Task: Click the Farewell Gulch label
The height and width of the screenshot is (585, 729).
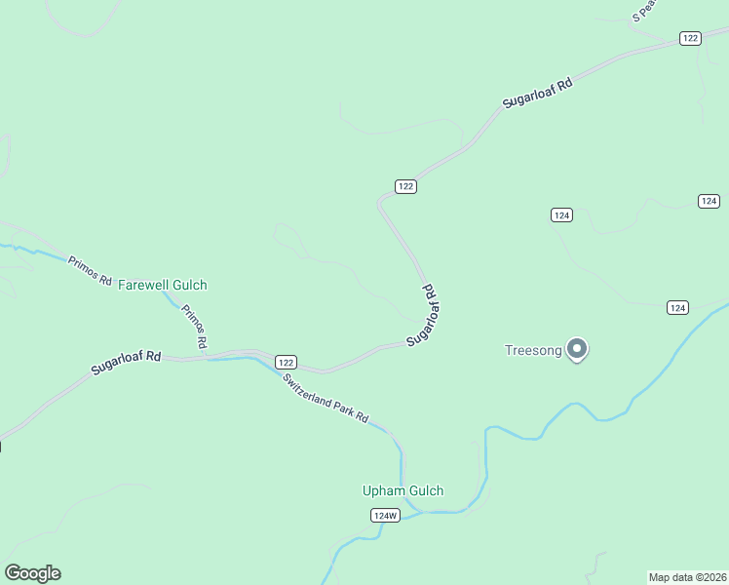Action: pos(163,285)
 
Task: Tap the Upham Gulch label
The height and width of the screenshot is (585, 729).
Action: pos(403,490)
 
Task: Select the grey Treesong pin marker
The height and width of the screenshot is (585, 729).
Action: pos(577,348)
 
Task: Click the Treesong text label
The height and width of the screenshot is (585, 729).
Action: pos(533,351)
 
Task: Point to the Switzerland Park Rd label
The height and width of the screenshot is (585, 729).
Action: pos(326,398)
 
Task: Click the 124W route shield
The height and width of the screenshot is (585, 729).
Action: pos(386,515)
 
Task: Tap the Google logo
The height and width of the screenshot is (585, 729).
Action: pos(32,573)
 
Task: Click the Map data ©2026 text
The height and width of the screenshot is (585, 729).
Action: pos(687,576)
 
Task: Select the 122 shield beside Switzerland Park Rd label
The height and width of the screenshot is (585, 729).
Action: pos(285,361)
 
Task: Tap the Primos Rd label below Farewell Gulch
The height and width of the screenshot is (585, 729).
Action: pos(193,327)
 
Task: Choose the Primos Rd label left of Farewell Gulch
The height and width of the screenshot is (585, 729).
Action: pos(90,270)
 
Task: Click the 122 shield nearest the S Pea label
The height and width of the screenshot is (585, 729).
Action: pos(690,38)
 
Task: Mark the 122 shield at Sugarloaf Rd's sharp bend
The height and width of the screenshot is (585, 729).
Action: pos(406,186)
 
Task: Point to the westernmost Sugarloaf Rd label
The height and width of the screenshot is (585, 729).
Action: pos(126,363)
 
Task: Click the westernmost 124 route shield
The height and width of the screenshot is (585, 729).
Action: pos(560,214)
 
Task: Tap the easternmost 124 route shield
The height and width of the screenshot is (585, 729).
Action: pos(709,201)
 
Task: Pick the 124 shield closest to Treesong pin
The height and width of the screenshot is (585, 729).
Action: pos(678,307)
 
